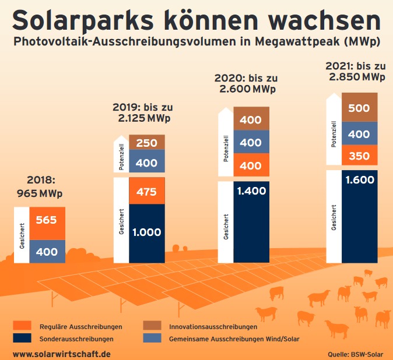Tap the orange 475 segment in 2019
pos(146,191)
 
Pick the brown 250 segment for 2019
pos(146,143)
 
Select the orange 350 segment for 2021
pos(359,156)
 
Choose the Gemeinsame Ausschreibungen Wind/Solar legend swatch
pos(153,338)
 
